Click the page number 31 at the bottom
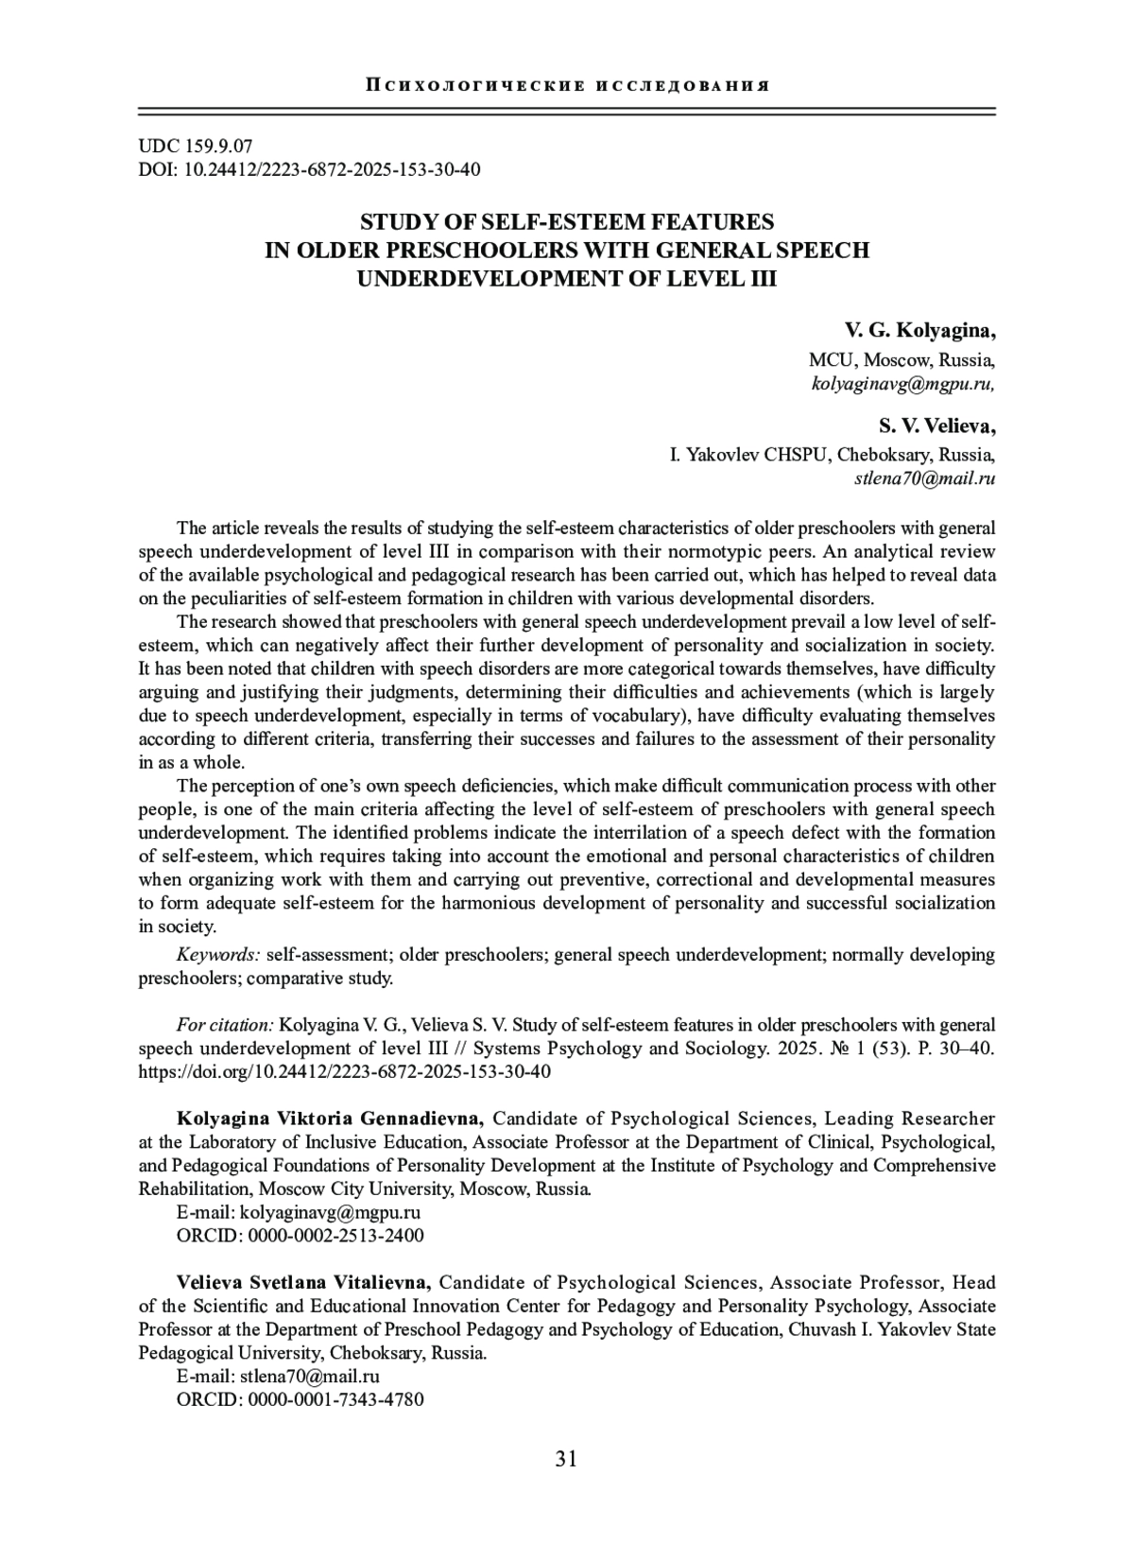point(566,1459)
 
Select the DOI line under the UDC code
point(310,170)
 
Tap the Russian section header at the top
point(566,86)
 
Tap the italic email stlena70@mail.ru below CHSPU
point(924,478)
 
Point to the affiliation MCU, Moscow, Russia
point(901,360)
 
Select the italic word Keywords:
point(218,955)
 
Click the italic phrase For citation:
point(225,1025)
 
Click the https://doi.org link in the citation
point(344,1072)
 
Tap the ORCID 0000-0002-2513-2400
point(335,1236)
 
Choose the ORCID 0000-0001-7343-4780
point(335,1399)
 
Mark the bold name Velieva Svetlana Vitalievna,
point(304,1283)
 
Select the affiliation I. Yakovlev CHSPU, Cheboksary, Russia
point(832,455)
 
